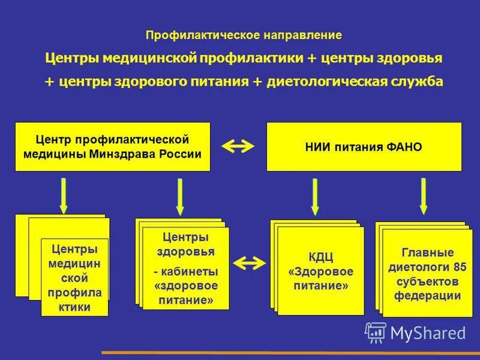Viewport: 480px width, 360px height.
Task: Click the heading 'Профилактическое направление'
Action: (244, 35)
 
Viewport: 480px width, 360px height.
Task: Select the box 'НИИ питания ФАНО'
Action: (364, 146)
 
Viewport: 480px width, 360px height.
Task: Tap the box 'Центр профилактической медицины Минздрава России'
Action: (112, 146)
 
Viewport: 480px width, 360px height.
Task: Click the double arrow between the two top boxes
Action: (239, 146)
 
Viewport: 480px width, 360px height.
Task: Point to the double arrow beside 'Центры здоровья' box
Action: (249, 262)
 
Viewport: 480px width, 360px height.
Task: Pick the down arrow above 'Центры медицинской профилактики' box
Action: (62, 196)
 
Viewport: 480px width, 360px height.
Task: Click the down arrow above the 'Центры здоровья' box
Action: (179, 197)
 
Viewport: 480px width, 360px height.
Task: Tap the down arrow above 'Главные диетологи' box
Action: (424, 196)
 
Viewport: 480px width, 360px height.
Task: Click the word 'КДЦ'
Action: (320, 257)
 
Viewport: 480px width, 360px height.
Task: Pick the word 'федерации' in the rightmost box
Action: (427, 296)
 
